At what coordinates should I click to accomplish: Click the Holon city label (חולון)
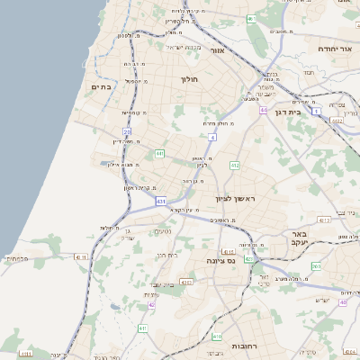click(189, 79)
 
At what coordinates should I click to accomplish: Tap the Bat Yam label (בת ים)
click(100, 86)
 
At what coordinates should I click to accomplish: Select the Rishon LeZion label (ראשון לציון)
click(236, 198)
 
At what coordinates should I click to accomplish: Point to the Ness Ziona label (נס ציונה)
click(220, 260)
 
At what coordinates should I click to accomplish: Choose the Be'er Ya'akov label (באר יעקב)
click(300, 238)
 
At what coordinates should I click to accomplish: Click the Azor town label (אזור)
click(216, 50)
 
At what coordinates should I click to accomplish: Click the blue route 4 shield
click(212, 136)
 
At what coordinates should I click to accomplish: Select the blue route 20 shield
click(128, 131)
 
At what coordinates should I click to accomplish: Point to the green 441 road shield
click(159, 154)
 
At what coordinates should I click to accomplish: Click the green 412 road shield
click(235, 166)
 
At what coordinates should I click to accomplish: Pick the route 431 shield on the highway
click(160, 202)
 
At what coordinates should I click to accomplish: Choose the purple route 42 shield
click(152, 305)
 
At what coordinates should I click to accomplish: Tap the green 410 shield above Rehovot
click(218, 337)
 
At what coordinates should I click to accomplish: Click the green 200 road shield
click(316, 266)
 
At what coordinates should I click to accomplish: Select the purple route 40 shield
click(342, 302)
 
